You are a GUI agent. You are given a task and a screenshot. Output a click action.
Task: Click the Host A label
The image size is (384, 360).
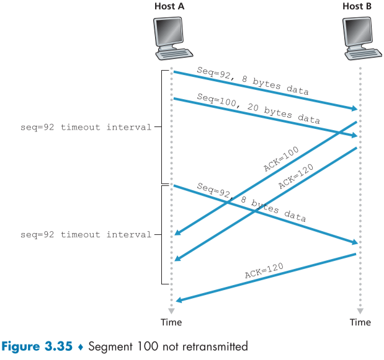[171, 6]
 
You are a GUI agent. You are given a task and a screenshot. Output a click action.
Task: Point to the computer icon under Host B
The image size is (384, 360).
[360, 37]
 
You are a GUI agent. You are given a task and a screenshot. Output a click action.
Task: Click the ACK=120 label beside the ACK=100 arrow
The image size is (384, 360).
[296, 176]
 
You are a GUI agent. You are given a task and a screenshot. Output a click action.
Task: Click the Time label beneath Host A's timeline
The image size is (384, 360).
[171, 322]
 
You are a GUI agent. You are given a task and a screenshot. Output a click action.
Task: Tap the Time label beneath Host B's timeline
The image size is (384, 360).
[360, 322]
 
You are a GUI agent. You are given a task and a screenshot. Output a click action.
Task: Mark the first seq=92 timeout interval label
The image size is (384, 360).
[86, 127]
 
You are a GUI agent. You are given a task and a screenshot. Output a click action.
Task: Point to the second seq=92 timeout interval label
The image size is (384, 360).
[86, 235]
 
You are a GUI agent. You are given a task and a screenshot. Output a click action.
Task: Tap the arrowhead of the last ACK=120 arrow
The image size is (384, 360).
[179, 301]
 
